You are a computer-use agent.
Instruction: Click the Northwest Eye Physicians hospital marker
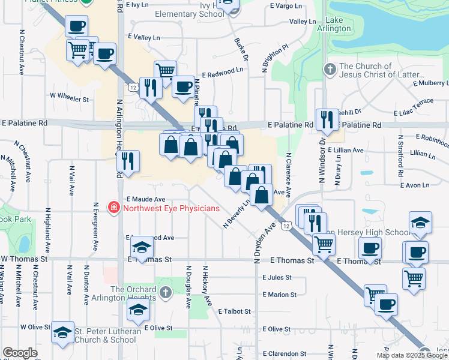click(x=113, y=209)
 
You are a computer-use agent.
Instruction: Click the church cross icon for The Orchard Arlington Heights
click(x=166, y=292)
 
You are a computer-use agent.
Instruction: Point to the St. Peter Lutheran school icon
click(x=62, y=333)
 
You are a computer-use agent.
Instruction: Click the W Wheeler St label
click(x=69, y=95)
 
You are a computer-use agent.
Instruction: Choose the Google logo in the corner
click(x=20, y=353)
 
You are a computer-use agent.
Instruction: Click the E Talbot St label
click(x=238, y=311)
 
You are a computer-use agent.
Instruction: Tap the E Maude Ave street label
click(x=145, y=199)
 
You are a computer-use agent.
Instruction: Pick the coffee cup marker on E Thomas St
click(x=370, y=248)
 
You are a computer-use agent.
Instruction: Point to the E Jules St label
click(x=277, y=278)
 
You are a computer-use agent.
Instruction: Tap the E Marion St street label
click(x=279, y=295)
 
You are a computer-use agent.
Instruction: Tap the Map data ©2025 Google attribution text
click(x=411, y=355)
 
